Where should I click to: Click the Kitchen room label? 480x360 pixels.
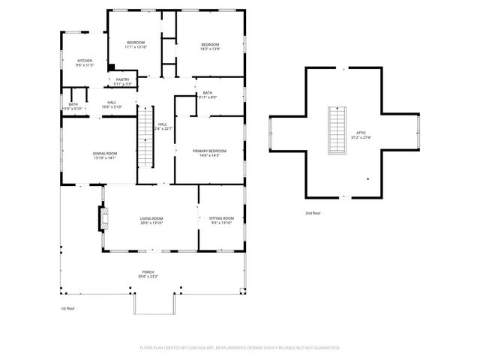pos(84,60)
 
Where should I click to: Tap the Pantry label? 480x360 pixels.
pos(122,79)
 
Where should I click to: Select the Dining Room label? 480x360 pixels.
pos(105,153)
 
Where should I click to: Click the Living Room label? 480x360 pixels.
pos(151,218)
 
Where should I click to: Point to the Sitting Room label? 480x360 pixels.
pos(221,218)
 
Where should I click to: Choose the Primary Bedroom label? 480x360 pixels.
pos(209,151)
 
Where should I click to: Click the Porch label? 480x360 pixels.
pos(148,271)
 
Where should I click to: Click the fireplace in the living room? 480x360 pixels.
pos(103,218)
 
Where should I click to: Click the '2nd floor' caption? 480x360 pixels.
pos(313,213)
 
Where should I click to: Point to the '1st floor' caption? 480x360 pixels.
pos(68,307)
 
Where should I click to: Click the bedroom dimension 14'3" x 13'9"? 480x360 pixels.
pos(209,49)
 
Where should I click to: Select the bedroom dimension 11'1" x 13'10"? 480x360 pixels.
pos(136,46)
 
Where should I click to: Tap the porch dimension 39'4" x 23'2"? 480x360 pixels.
pos(148,277)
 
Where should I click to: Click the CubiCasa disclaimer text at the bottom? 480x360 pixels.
pos(240,347)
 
